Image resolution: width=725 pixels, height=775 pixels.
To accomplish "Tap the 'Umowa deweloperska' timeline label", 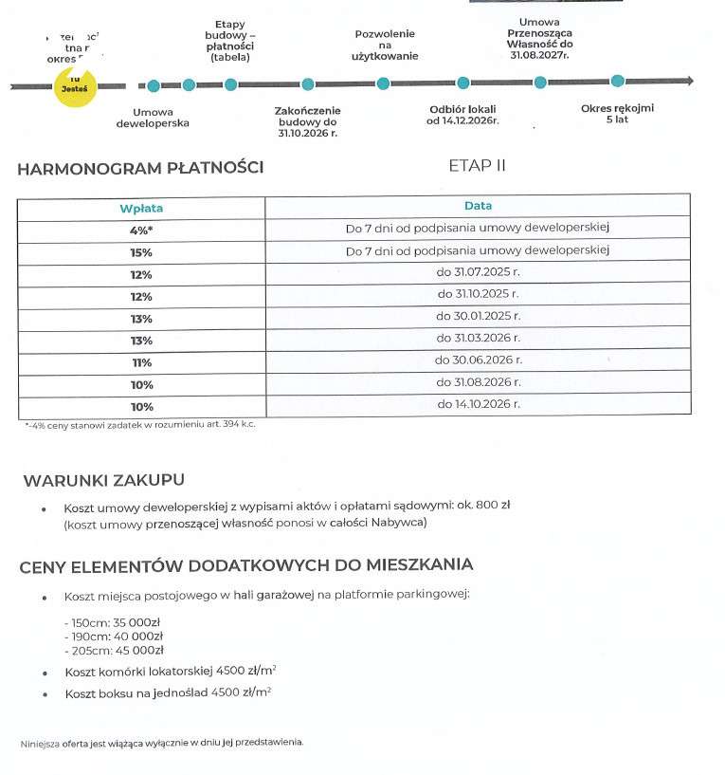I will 153,117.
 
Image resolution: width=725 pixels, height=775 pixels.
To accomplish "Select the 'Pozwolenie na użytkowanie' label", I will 385,46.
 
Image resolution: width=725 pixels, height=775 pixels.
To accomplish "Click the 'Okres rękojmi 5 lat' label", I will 617,114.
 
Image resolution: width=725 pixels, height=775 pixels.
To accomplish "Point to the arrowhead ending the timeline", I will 689,82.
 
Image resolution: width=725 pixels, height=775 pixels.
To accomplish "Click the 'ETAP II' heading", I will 477,166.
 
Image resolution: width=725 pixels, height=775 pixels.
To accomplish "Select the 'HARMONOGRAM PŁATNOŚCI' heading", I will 140,170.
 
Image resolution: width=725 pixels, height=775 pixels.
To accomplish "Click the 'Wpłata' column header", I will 141,207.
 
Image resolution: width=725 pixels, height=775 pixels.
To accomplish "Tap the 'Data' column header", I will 478,206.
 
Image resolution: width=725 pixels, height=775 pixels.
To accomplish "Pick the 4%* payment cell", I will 141,229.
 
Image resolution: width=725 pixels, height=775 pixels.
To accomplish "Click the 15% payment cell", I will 141,251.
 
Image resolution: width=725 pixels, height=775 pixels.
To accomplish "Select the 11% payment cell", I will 141,361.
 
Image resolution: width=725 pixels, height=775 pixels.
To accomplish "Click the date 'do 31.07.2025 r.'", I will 478,273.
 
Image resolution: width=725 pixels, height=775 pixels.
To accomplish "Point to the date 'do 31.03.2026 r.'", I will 478,338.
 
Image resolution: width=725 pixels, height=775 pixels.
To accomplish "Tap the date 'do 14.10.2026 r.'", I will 478,404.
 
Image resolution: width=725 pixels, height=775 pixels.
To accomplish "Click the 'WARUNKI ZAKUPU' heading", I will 104,480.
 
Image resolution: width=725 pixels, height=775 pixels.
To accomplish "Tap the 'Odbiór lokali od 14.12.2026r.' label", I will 462,115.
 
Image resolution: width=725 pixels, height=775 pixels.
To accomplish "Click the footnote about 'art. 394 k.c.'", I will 140,424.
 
